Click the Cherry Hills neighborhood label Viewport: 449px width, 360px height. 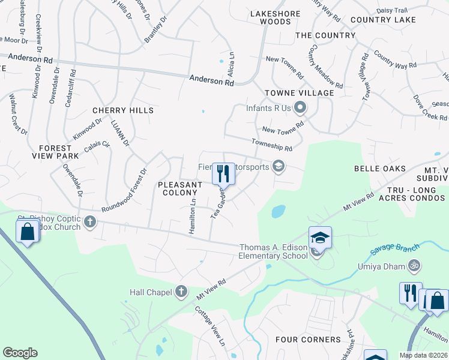point(123,110)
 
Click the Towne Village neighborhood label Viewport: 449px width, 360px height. point(299,93)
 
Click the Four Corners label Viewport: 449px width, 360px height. point(308,340)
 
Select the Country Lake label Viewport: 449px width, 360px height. point(383,20)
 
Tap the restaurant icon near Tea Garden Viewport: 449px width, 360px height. point(223,174)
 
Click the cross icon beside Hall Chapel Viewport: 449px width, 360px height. point(182,292)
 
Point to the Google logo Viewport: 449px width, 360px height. point(20,353)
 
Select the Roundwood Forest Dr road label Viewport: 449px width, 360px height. point(124,190)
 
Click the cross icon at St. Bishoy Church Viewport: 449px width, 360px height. point(90,223)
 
